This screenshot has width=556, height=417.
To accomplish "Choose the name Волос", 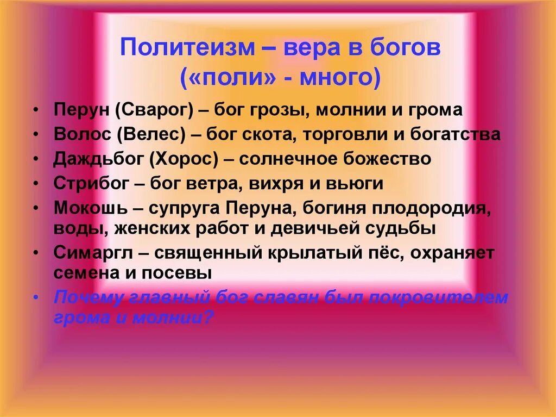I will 81,134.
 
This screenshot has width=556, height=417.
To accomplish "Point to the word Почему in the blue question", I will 90,298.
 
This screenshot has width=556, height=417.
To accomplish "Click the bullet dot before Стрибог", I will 36,184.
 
